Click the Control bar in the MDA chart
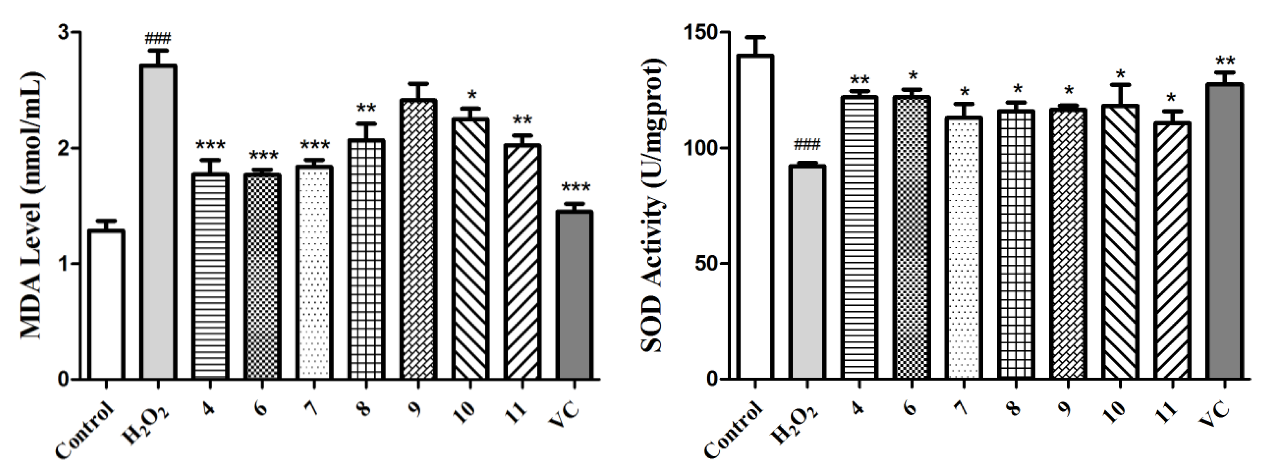point(106,304)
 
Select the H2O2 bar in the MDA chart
point(159,222)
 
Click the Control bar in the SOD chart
point(755,217)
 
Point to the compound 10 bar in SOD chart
point(1120,242)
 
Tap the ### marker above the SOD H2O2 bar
point(807,145)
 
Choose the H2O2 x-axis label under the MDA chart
point(146,424)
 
